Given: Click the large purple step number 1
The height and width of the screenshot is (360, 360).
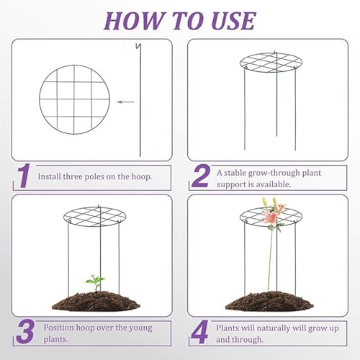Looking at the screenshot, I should pos(24,176).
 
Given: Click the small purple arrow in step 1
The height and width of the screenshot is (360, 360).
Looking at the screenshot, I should pos(126,102).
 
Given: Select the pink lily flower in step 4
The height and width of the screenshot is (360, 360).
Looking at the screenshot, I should pos(271,214).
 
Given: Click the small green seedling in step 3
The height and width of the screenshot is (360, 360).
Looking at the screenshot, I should pos(94,282).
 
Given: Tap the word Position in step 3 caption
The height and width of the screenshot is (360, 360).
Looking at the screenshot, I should pos(58,327).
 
